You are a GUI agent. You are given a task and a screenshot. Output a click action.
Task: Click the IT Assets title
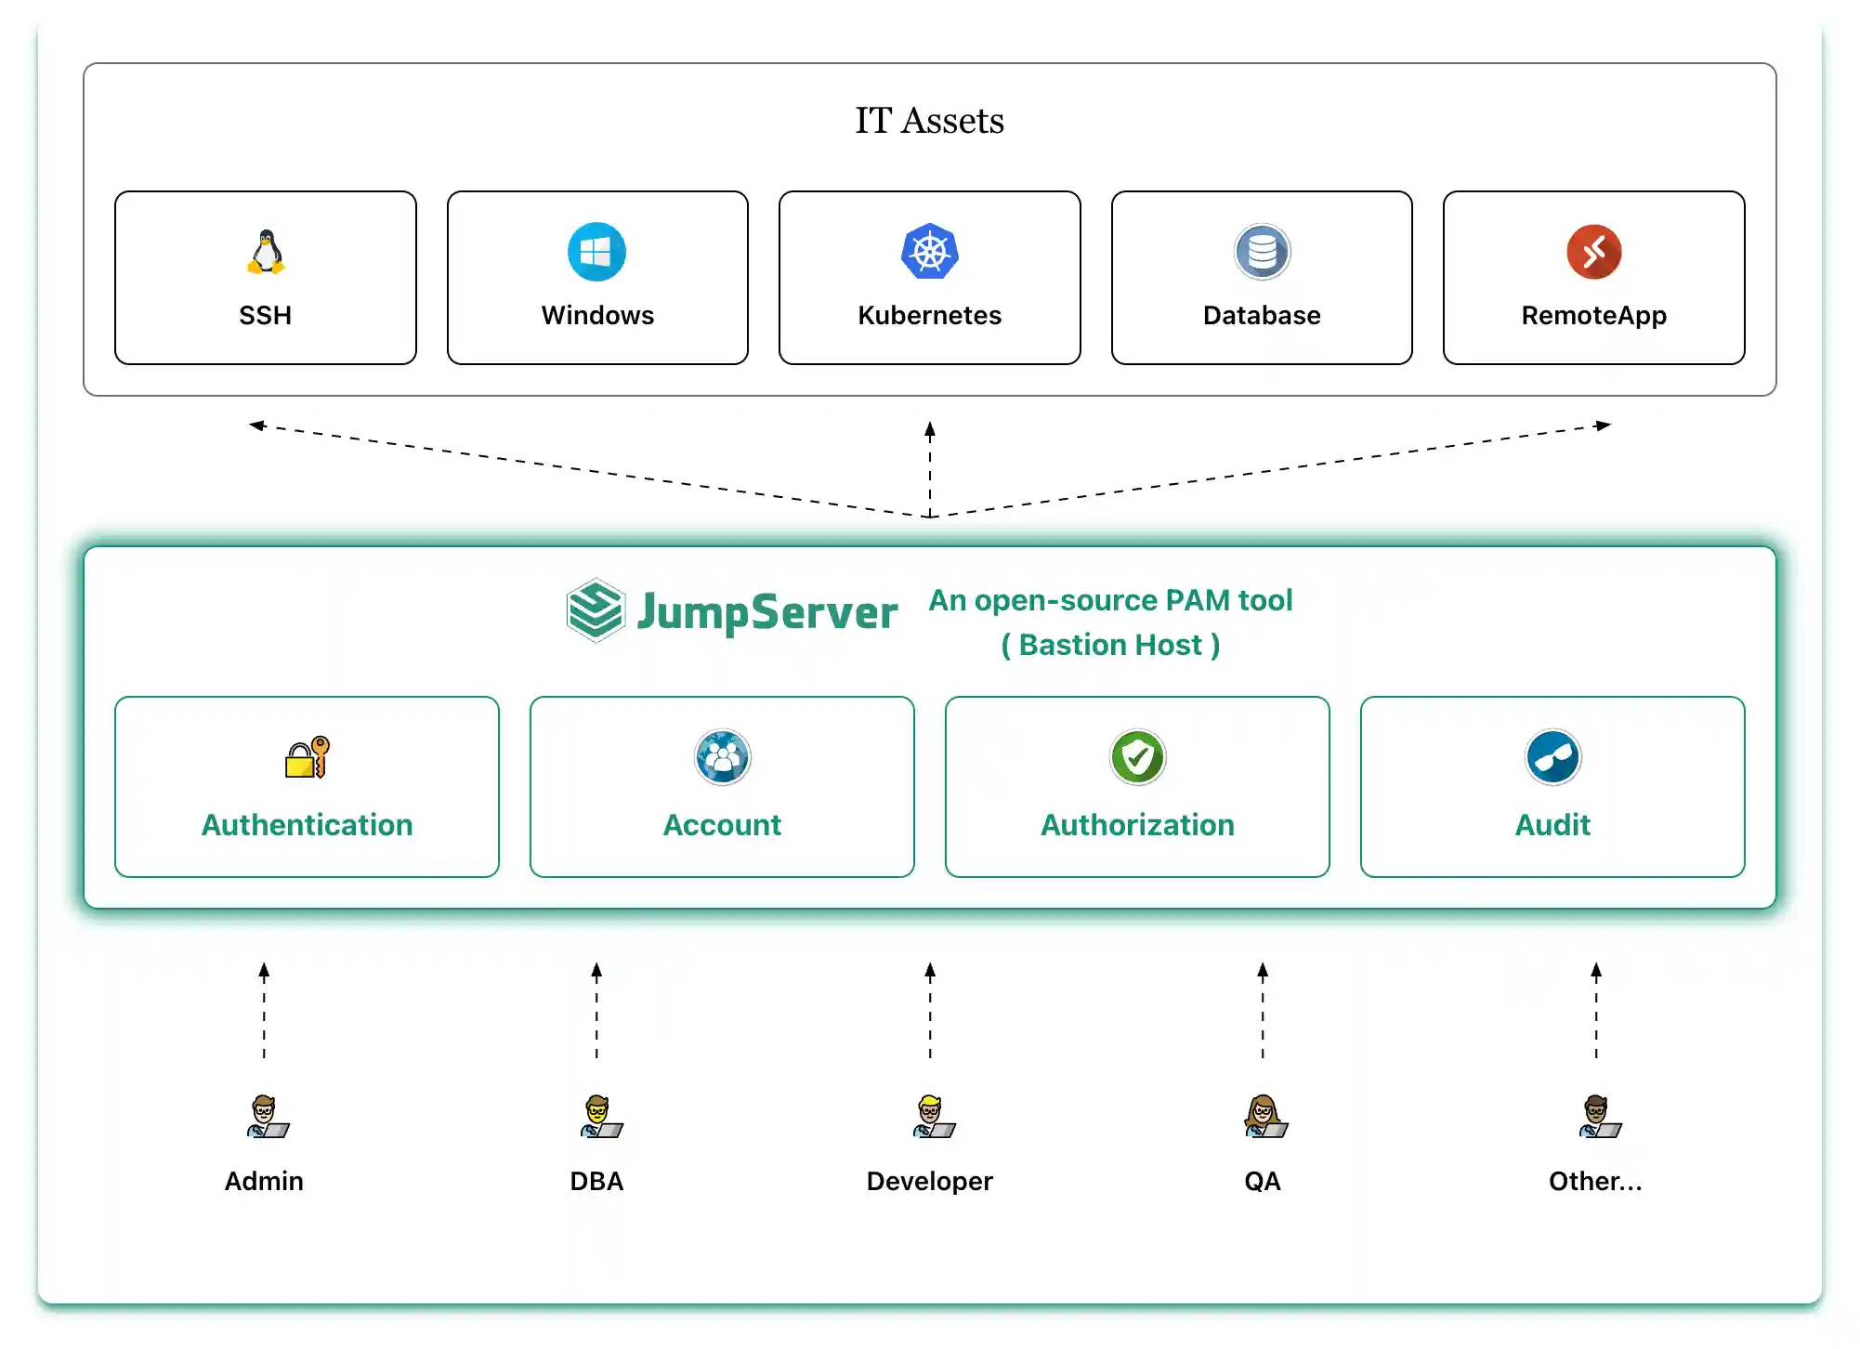(x=929, y=121)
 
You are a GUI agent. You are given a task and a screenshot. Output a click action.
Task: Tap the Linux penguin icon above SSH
(x=266, y=252)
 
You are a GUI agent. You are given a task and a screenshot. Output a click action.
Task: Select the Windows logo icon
(x=596, y=252)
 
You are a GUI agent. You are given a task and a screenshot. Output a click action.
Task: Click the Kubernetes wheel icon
(x=929, y=252)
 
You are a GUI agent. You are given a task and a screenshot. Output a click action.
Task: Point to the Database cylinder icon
(x=1262, y=252)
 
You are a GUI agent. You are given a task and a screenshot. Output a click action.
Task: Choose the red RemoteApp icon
(x=1594, y=252)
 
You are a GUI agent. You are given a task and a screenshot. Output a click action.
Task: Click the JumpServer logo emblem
(x=595, y=610)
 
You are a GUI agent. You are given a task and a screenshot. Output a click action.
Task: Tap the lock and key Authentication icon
(x=308, y=757)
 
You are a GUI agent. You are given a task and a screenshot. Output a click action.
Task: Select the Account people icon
(x=722, y=757)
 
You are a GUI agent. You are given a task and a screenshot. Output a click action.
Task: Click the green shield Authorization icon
(x=1137, y=757)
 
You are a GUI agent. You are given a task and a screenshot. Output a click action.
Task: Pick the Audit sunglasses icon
(x=1552, y=757)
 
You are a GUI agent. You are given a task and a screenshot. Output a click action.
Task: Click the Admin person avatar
(x=268, y=1117)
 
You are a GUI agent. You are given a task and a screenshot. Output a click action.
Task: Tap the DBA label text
(x=596, y=1181)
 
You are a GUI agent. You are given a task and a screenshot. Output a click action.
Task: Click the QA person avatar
(x=1265, y=1117)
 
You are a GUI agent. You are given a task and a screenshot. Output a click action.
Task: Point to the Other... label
(x=1595, y=1181)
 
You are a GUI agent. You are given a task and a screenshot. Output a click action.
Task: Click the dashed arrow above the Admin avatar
(x=264, y=1011)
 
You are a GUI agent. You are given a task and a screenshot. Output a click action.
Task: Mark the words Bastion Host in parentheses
(x=1110, y=645)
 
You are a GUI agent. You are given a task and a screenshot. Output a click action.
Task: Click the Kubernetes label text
(x=929, y=315)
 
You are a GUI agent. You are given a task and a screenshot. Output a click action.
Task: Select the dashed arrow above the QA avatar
(x=1263, y=1011)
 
